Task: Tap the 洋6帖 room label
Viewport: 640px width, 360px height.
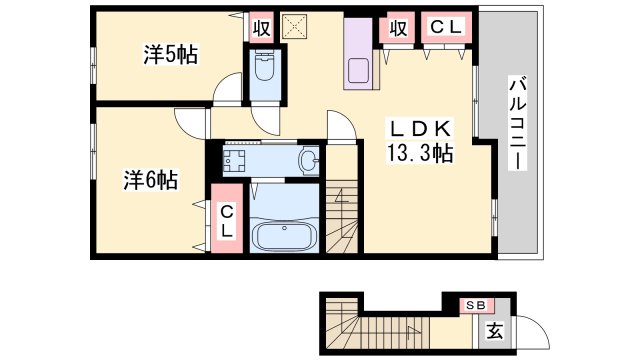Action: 151,180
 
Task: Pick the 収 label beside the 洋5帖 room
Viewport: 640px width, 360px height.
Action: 260,27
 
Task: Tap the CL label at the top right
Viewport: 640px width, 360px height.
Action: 446,27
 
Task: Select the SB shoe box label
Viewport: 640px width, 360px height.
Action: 475,304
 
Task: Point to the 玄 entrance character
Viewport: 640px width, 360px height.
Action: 493,330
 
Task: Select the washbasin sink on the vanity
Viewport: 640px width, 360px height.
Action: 308,158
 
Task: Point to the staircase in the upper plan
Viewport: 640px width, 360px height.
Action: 342,215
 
